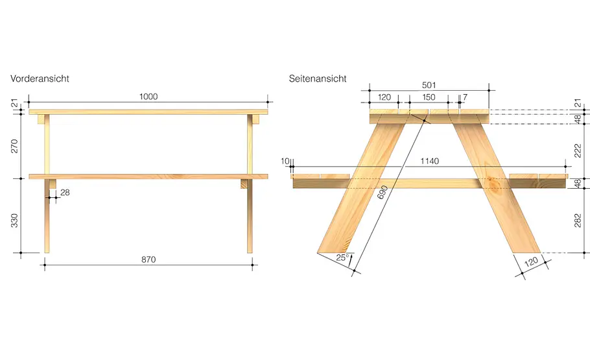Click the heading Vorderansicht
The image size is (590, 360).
[40, 78]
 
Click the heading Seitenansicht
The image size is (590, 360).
[318, 78]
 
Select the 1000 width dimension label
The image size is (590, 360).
[148, 97]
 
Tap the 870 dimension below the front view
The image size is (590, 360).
[148, 259]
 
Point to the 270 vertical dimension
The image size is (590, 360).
[14, 146]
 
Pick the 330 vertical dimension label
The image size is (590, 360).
[14, 221]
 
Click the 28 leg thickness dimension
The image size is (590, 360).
[65, 193]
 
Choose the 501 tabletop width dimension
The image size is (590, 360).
[429, 85]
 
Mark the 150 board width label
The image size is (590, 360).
[429, 97]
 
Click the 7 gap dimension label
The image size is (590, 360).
[465, 97]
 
